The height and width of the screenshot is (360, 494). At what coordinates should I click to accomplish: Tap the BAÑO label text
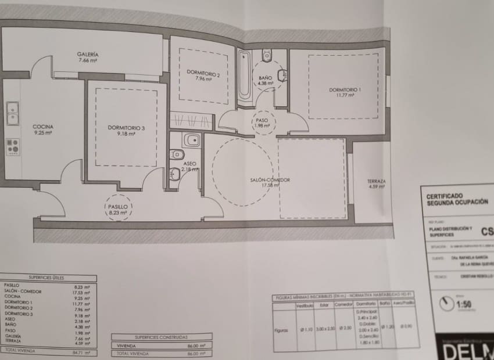point(266,79)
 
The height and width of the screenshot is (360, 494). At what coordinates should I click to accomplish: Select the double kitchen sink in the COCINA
point(12,113)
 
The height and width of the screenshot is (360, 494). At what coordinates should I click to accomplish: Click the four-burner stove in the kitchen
point(12,146)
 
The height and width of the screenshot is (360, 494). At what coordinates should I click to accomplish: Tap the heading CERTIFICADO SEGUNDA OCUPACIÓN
point(457,199)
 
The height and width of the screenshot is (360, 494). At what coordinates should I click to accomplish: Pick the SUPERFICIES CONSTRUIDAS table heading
point(161,337)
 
